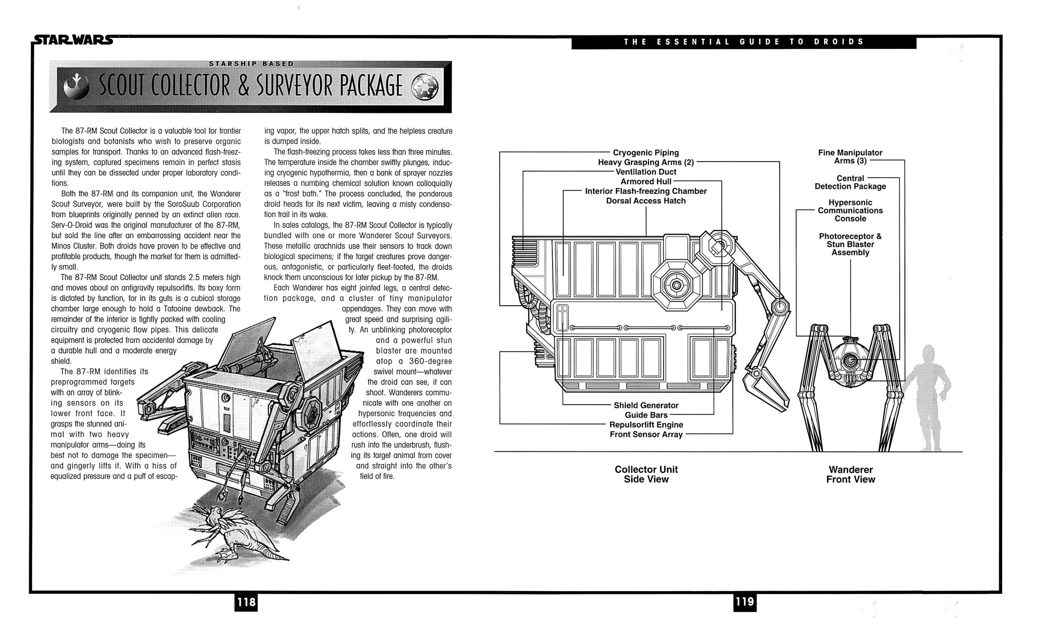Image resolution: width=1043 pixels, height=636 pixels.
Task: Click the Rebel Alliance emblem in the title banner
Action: [x=76, y=87]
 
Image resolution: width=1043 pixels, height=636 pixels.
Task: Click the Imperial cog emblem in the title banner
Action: [x=425, y=87]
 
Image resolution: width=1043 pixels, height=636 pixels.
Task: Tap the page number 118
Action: [x=246, y=602]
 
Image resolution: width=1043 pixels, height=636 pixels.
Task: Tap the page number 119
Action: [x=745, y=602]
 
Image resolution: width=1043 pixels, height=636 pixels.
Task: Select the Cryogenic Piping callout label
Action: [x=645, y=152]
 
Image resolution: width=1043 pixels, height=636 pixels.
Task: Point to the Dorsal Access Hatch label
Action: [x=645, y=201]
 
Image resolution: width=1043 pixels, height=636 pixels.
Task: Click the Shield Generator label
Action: [x=646, y=405]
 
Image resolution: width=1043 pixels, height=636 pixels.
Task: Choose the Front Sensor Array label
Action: [x=646, y=434]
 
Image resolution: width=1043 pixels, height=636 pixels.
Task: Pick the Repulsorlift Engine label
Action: [x=646, y=424]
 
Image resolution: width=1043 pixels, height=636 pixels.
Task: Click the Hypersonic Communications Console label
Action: [x=850, y=210]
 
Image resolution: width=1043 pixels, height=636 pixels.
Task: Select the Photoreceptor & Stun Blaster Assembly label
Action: [x=850, y=244]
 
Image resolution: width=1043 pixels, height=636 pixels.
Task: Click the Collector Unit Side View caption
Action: [x=646, y=474]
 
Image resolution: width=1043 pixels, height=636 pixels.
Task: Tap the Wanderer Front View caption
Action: [x=850, y=474]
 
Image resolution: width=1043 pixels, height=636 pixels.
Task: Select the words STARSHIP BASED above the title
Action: [x=251, y=64]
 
